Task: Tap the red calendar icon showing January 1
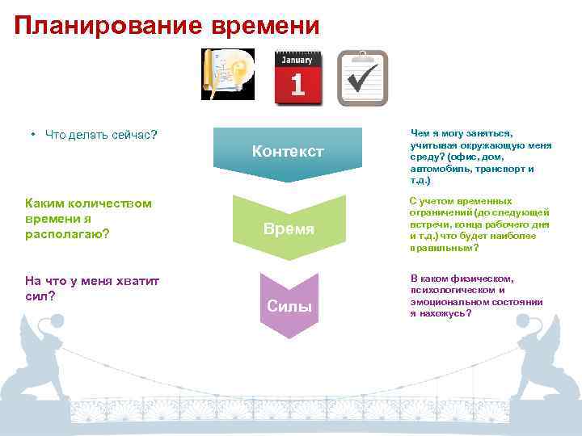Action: (x=297, y=78)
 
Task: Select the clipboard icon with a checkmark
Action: (x=362, y=78)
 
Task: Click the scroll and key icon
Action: (x=228, y=74)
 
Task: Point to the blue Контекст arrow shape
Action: (x=288, y=152)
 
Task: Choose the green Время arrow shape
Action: (x=289, y=228)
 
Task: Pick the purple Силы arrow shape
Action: (x=289, y=305)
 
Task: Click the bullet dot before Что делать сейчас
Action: (x=33, y=134)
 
